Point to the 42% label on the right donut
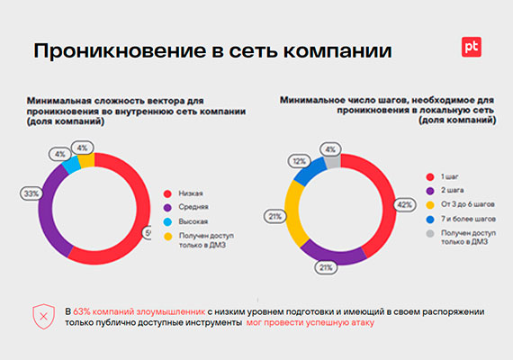tap(403, 205)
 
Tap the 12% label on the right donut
tap(296, 160)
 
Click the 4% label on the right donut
tap(330, 149)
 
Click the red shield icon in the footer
tap(43, 316)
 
